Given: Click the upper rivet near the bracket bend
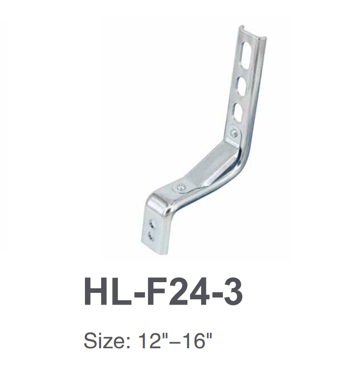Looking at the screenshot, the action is coord(234,133).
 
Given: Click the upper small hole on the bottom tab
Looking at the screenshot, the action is coord(152,224).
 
